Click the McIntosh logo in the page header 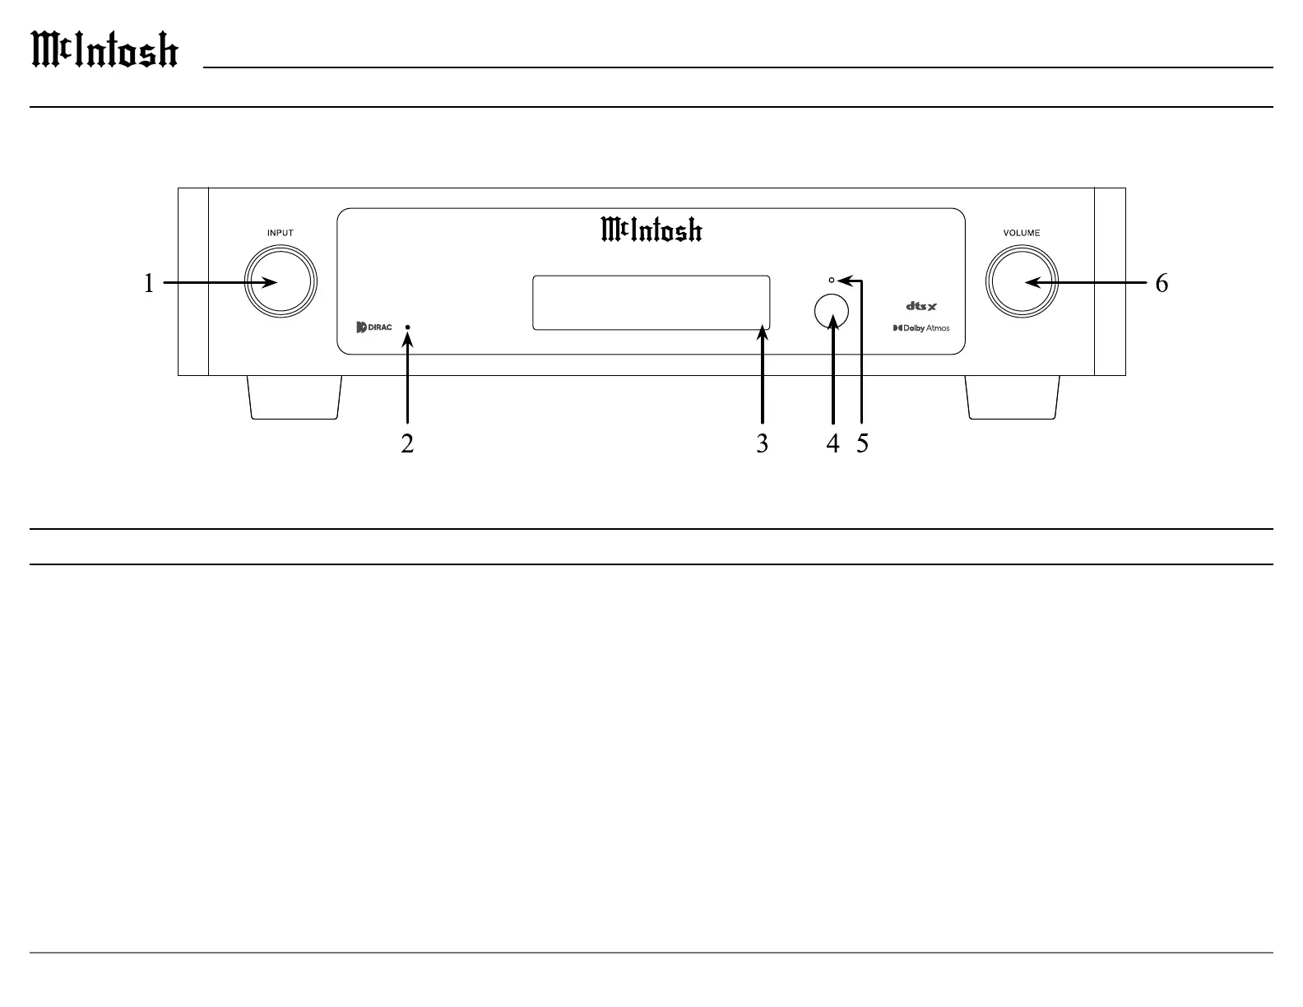click(x=104, y=50)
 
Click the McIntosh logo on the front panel click(x=651, y=230)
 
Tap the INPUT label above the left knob click(x=280, y=233)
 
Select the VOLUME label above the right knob click(x=1021, y=233)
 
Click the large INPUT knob click(x=280, y=282)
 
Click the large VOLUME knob click(x=1021, y=282)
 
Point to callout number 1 click(x=149, y=284)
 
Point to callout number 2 click(x=407, y=443)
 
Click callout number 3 click(x=763, y=443)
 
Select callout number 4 click(x=833, y=443)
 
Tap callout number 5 click(x=862, y=443)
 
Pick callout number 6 click(x=1162, y=284)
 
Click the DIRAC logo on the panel click(x=374, y=327)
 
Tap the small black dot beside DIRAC click(x=408, y=327)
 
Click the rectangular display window click(x=651, y=302)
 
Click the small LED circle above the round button click(x=832, y=281)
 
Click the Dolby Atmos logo click(x=921, y=328)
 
